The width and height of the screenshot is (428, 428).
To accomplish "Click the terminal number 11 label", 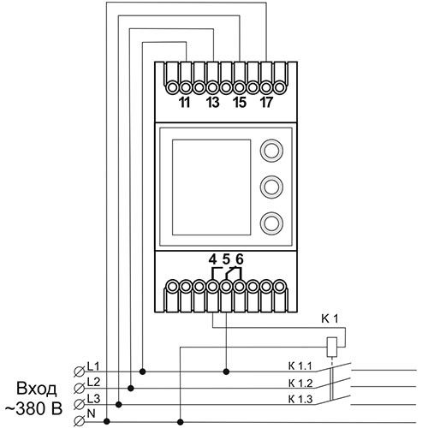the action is point(185,103).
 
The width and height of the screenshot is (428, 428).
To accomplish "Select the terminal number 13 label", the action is point(212,103).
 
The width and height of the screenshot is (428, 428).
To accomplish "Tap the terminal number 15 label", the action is point(240,103).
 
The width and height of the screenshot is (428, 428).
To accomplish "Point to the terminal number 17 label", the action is point(266,103).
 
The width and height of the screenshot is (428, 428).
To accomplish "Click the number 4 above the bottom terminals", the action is point(212,259).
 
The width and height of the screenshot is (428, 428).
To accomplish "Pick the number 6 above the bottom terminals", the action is point(240,259).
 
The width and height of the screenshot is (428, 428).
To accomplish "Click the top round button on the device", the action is point(271,151).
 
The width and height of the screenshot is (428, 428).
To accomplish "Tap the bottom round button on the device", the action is point(271,223).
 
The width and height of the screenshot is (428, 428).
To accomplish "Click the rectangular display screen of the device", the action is point(211,187).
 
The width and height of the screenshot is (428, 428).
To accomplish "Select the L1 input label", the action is point(93,366).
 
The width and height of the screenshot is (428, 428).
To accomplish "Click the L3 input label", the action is point(93,399).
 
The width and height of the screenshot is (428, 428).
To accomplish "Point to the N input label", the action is point(91,413).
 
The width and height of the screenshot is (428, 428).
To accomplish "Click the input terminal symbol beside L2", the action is point(79,388).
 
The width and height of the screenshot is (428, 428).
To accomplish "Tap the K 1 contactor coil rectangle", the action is point(331,347).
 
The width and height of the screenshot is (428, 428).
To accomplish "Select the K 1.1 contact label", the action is point(300,366).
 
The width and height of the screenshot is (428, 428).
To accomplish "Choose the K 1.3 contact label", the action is point(300,399).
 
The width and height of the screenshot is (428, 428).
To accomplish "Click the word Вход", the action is point(37,389).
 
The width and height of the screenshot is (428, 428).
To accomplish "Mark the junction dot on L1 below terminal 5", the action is point(226,372).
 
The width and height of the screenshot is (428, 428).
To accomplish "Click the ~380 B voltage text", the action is point(33,409).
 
